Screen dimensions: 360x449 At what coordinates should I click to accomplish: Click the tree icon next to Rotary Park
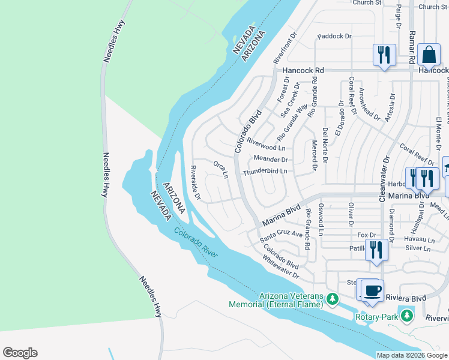[x=407, y=315]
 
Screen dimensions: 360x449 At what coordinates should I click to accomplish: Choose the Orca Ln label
[x=221, y=169]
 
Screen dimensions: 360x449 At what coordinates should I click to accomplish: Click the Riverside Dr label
[x=194, y=182]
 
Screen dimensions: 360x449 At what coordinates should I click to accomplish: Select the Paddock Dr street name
[x=334, y=37]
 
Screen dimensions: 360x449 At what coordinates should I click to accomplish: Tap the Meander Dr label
[x=271, y=160]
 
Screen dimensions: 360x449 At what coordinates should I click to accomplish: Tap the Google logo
[x=20, y=353]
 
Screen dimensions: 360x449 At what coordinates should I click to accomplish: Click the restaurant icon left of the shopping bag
[x=382, y=55]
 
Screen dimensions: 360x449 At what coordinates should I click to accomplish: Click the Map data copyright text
[x=412, y=355]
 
